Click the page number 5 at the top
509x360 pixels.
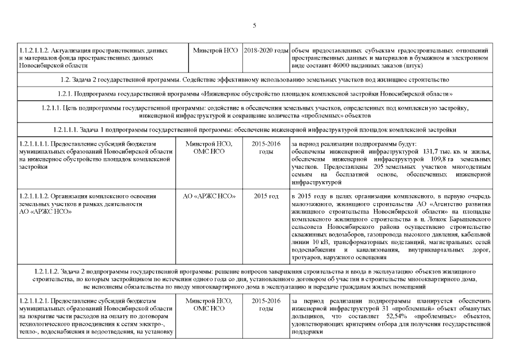254,25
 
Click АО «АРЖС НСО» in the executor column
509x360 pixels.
209,196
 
